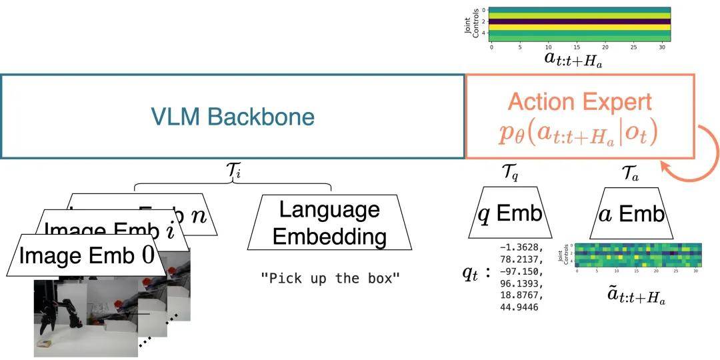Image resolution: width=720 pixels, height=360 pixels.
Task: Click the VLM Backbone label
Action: tap(233, 117)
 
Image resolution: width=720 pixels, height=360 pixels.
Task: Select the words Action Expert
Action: tap(579, 102)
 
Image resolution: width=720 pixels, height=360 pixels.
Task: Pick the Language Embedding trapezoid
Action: tap(329, 223)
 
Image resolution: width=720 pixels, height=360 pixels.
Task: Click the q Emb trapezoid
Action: tap(510, 213)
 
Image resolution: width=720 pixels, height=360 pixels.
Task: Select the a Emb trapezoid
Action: tap(631, 213)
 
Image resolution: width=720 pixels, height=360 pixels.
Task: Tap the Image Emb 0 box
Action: tap(87, 255)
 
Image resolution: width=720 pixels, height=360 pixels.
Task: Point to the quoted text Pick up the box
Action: tap(330, 278)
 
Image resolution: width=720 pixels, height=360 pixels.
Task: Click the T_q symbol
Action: tap(510, 174)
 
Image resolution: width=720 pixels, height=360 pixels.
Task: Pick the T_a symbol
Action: tap(631, 174)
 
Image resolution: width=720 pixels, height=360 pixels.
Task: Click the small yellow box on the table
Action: tap(45, 343)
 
